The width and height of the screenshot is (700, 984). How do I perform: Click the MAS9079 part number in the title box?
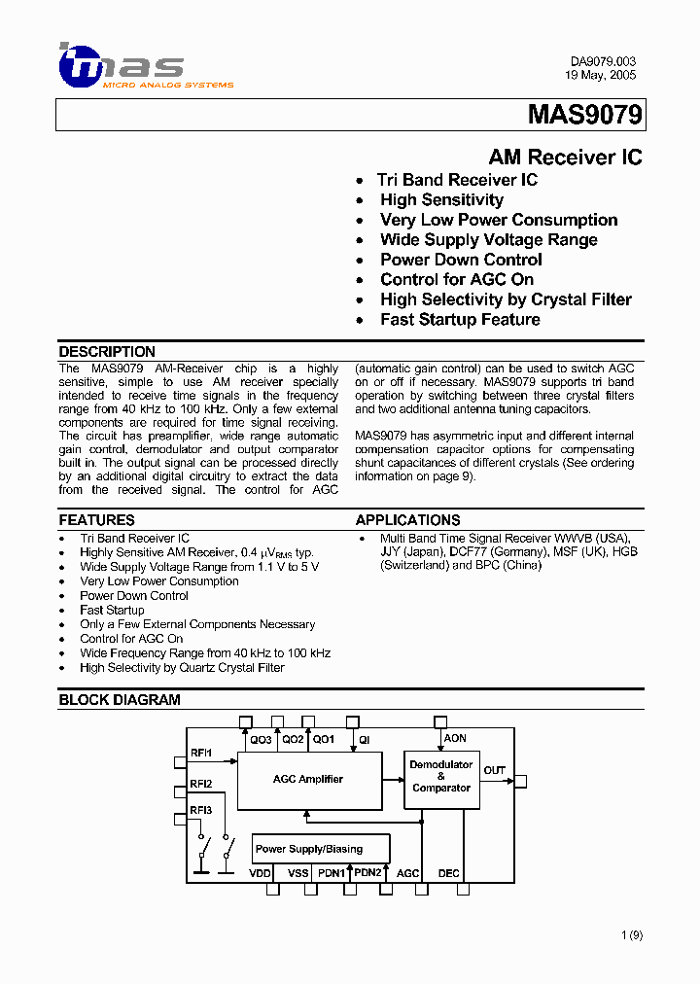584,116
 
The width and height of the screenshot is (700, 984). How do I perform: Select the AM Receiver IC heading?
564,158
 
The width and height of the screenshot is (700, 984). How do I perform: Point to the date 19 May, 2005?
601,75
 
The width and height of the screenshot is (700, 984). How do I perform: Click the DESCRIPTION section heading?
107,352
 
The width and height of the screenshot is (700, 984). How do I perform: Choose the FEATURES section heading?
96,520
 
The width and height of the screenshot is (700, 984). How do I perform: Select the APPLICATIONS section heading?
407,520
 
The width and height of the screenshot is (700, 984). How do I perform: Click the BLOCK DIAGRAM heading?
120,699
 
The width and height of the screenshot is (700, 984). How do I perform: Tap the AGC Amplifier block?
308,779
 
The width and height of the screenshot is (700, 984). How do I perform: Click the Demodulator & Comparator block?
441,776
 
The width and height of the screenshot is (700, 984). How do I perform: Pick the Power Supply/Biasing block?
309,849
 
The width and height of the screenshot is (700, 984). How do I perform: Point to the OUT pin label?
495,771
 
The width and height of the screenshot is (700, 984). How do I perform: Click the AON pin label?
455,739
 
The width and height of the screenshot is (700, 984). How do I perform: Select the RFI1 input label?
201,754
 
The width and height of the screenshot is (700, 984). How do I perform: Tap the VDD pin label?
261,873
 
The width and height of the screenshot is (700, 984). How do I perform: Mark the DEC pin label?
448,873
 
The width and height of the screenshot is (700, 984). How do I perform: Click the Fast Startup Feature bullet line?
460,320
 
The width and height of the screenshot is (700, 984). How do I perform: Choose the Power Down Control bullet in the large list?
461,260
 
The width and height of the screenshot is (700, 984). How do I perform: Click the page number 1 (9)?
632,935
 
